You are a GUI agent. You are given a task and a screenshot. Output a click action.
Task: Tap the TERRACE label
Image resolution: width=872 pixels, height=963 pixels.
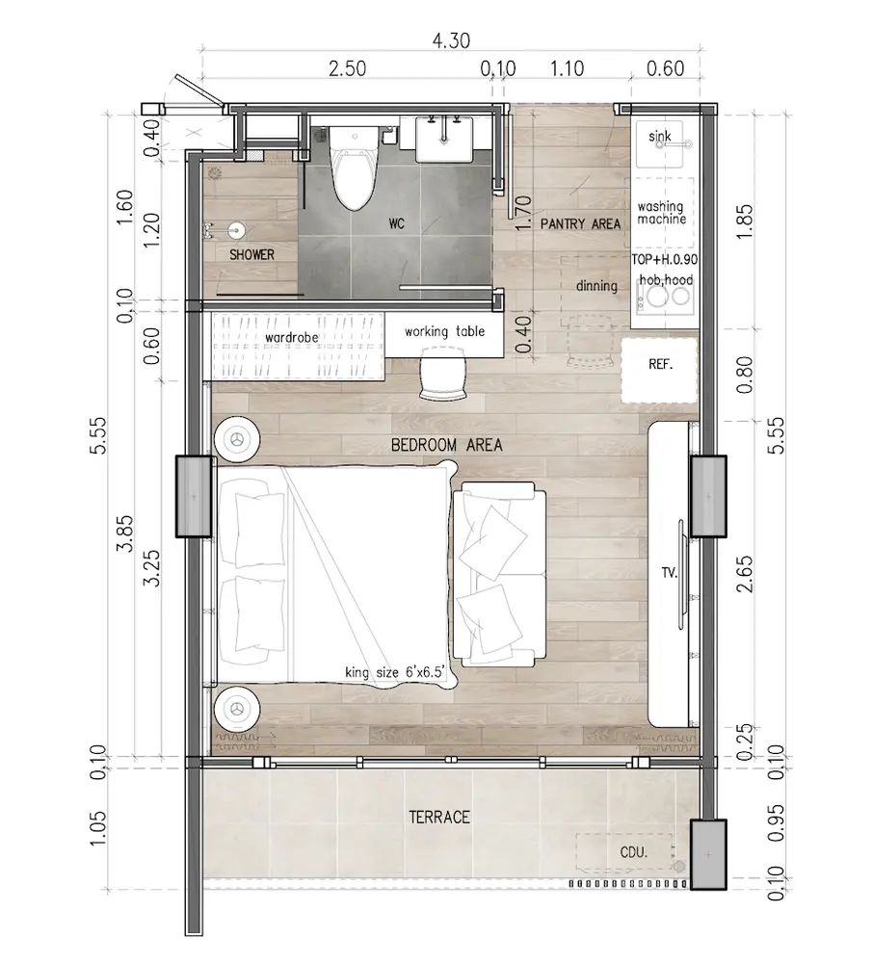(x=439, y=817)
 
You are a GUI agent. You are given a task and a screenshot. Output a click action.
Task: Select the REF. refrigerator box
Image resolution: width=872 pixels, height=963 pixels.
(x=659, y=370)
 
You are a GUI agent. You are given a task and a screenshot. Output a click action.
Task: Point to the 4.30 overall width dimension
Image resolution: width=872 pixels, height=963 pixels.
(x=451, y=40)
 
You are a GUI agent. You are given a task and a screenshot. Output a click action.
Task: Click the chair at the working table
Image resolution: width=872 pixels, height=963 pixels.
(x=442, y=374)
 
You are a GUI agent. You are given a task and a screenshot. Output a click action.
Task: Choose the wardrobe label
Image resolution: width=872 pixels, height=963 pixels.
(x=292, y=338)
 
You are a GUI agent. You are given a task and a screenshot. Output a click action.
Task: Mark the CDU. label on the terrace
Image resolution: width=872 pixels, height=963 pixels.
(x=634, y=852)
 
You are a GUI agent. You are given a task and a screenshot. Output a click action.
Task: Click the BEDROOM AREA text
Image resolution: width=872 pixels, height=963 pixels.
(x=447, y=445)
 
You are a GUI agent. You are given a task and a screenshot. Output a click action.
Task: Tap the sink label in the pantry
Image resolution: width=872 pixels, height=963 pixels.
(x=660, y=137)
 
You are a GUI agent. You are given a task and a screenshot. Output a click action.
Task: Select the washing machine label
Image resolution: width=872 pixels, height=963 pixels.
(x=661, y=213)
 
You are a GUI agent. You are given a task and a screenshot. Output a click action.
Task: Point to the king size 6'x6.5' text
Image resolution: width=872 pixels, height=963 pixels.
(x=394, y=672)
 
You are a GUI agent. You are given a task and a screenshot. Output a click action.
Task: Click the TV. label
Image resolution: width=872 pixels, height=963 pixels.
(x=670, y=573)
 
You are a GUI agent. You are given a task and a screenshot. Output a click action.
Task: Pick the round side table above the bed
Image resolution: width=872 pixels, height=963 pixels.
(x=237, y=440)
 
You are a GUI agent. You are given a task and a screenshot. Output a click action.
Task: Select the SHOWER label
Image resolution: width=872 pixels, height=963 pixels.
(x=251, y=254)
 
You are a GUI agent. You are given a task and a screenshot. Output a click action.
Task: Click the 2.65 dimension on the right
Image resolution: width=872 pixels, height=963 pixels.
(x=744, y=574)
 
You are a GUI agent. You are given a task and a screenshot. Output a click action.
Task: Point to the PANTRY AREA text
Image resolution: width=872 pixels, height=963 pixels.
(x=581, y=224)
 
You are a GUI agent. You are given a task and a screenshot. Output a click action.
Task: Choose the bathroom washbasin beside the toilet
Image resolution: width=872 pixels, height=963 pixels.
(x=444, y=139)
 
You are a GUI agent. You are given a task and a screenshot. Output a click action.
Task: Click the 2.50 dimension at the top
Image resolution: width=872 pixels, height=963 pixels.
(x=347, y=68)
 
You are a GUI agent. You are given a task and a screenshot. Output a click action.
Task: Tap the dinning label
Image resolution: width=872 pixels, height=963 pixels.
(x=596, y=286)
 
